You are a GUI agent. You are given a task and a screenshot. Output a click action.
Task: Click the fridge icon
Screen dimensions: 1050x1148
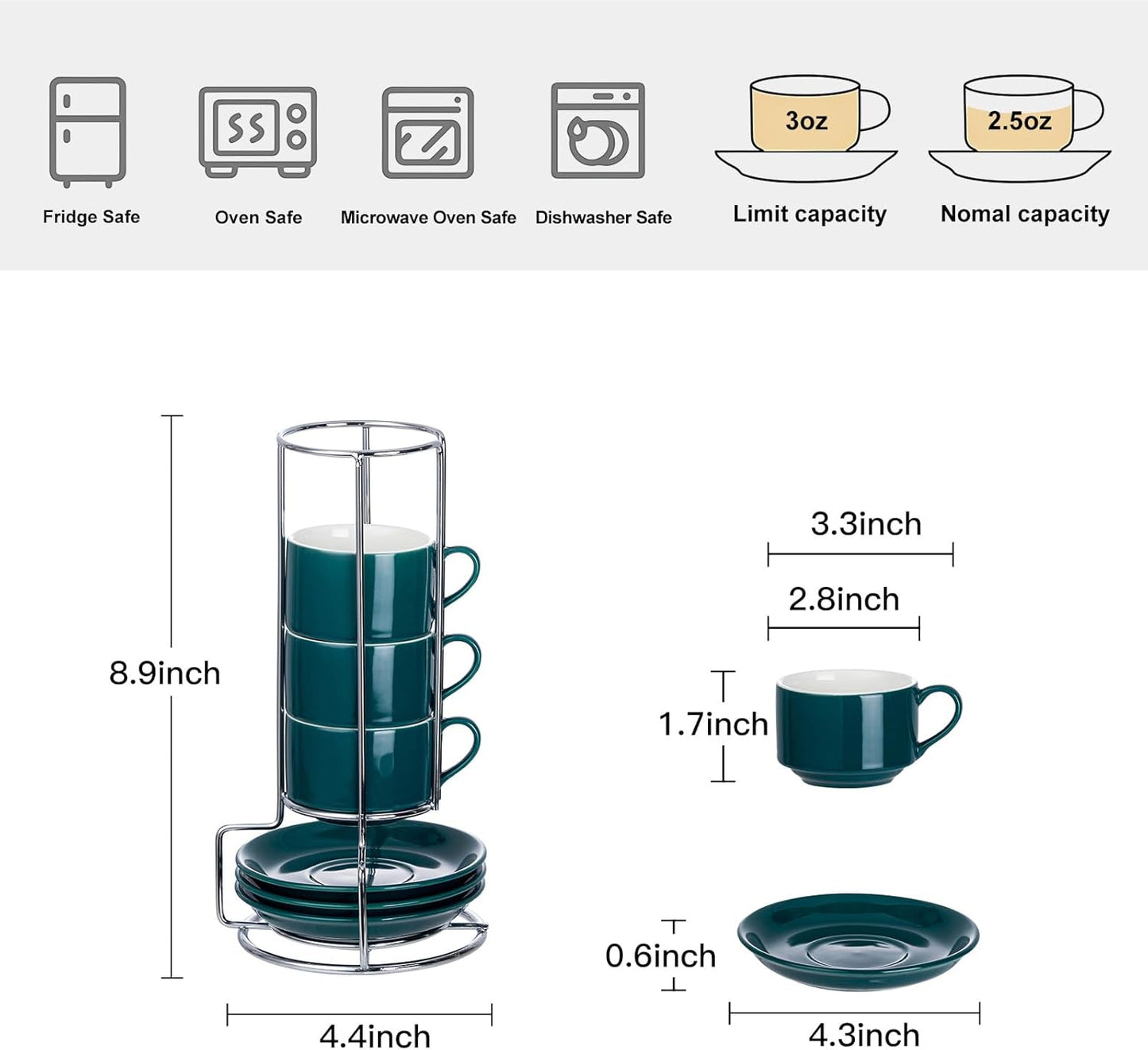[x=87, y=131]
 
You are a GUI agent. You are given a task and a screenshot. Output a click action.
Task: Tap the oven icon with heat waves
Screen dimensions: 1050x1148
[x=257, y=131]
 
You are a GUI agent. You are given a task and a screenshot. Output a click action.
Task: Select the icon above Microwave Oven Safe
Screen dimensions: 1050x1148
[x=427, y=133]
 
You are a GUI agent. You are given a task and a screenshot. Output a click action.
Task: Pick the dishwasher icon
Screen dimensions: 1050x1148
[x=597, y=131]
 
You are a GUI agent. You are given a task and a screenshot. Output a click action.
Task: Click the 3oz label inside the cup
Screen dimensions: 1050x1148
[x=806, y=121]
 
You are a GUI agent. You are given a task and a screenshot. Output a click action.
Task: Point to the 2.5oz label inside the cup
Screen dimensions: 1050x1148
[x=1019, y=121]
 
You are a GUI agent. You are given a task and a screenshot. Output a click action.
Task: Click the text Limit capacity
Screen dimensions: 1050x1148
[x=809, y=214]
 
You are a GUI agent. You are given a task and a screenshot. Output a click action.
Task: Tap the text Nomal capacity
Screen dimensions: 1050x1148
[x=1024, y=214]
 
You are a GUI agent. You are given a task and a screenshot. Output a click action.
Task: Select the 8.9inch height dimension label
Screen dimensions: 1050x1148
[x=164, y=674]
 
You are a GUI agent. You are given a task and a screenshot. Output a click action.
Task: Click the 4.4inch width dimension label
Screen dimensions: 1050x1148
[x=375, y=1036]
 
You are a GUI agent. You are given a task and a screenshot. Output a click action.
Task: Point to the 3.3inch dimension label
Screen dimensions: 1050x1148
[x=865, y=524]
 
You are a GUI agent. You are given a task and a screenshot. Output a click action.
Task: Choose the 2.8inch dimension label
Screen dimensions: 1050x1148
[x=844, y=600]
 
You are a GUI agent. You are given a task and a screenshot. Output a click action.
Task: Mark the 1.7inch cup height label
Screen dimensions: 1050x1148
[x=713, y=724]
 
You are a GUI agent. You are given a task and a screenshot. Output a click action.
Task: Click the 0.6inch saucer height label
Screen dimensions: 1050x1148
[x=660, y=956]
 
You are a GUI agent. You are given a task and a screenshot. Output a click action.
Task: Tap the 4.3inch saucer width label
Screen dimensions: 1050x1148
[x=864, y=1035]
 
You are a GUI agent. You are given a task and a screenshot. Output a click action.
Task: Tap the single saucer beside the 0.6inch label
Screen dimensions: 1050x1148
[x=858, y=941]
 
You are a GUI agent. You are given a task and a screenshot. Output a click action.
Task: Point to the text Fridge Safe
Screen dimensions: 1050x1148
[x=91, y=217]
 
